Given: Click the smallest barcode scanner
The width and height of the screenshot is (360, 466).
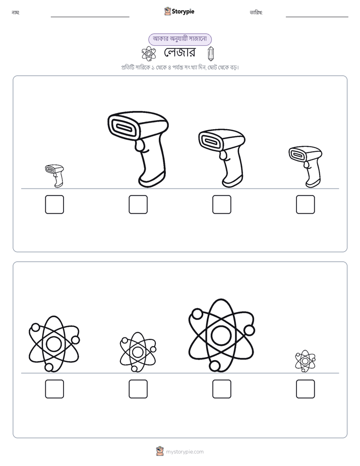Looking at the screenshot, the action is pyautogui.click(x=54, y=176).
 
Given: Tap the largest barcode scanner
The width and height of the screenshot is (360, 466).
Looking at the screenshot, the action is pyautogui.click(x=139, y=149).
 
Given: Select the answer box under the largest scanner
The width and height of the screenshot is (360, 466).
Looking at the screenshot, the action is pyautogui.click(x=138, y=204).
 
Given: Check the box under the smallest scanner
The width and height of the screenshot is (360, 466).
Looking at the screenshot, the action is pyautogui.click(x=54, y=204).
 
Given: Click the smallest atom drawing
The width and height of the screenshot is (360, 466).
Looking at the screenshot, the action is pyautogui.click(x=306, y=361).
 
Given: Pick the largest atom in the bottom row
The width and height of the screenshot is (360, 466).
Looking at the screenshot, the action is pyautogui.click(x=221, y=335).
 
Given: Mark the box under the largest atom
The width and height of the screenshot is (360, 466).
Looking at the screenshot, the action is pyautogui.click(x=222, y=389).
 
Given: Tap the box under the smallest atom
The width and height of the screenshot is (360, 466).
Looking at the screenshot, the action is pyautogui.click(x=306, y=389).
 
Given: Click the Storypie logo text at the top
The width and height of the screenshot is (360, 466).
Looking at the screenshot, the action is pyautogui.click(x=183, y=11).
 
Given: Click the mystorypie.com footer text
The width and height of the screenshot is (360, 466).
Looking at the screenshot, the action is pyautogui.click(x=185, y=452).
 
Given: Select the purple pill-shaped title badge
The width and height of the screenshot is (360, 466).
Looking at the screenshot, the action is pyautogui.click(x=180, y=39).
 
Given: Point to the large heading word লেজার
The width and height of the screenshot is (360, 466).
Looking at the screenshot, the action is pyautogui.click(x=179, y=52).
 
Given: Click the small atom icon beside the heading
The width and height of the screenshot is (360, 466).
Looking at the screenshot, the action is pyautogui.click(x=149, y=54).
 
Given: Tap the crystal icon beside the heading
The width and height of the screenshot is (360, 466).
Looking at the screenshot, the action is pyautogui.click(x=211, y=54).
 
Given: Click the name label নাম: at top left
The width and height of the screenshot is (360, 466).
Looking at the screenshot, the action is pyautogui.click(x=16, y=13).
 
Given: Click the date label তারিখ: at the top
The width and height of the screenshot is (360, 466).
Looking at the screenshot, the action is pyautogui.click(x=256, y=13).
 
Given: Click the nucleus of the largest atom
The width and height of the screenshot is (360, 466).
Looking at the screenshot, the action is pyautogui.click(x=221, y=335).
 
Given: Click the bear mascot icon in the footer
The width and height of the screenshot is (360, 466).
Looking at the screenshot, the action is pyautogui.click(x=160, y=451).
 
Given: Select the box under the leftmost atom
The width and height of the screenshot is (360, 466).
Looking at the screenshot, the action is pyautogui.click(x=54, y=389).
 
